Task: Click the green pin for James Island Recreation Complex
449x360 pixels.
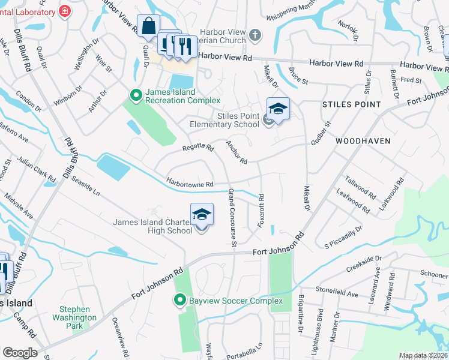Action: click(x=136, y=95)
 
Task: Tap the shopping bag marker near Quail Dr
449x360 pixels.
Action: click(x=148, y=27)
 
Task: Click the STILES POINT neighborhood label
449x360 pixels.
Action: click(x=351, y=104)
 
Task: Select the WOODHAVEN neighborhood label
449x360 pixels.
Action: click(x=363, y=141)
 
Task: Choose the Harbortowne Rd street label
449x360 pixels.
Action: click(x=191, y=184)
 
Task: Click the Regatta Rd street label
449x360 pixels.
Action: click(x=198, y=148)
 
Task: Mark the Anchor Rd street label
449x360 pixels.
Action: click(x=237, y=152)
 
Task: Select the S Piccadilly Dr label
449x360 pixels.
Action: click(x=343, y=237)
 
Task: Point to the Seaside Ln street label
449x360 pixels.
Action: click(x=85, y=186)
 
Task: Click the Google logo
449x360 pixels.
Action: click(x=20, y=353)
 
